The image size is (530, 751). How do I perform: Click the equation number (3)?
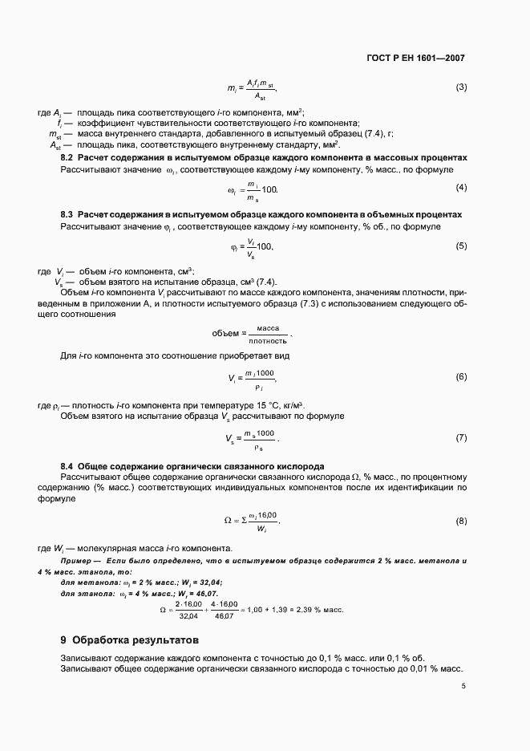[461, 87]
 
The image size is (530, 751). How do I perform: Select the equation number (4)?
[461, 188]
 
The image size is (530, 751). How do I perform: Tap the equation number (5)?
[461, 246]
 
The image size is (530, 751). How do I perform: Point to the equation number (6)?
[461, 375]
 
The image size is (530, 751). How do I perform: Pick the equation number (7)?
[461, 437]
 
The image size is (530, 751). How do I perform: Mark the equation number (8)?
[461, 522]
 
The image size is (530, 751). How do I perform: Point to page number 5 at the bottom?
[463, 686]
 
